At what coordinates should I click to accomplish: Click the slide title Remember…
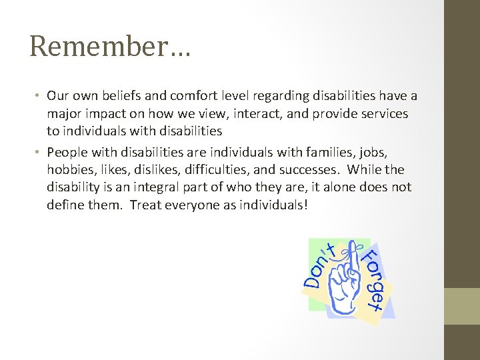pyautogui.click(x=110, y=47)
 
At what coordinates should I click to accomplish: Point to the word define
pyautogui.click(x=63, y=205)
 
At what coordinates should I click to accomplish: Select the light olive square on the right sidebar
pyautogui.click(x=463, y=306)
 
